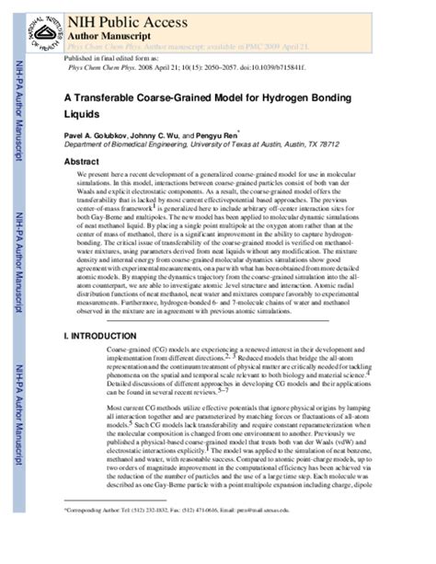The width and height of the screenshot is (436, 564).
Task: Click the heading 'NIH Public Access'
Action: coord(119,16)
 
